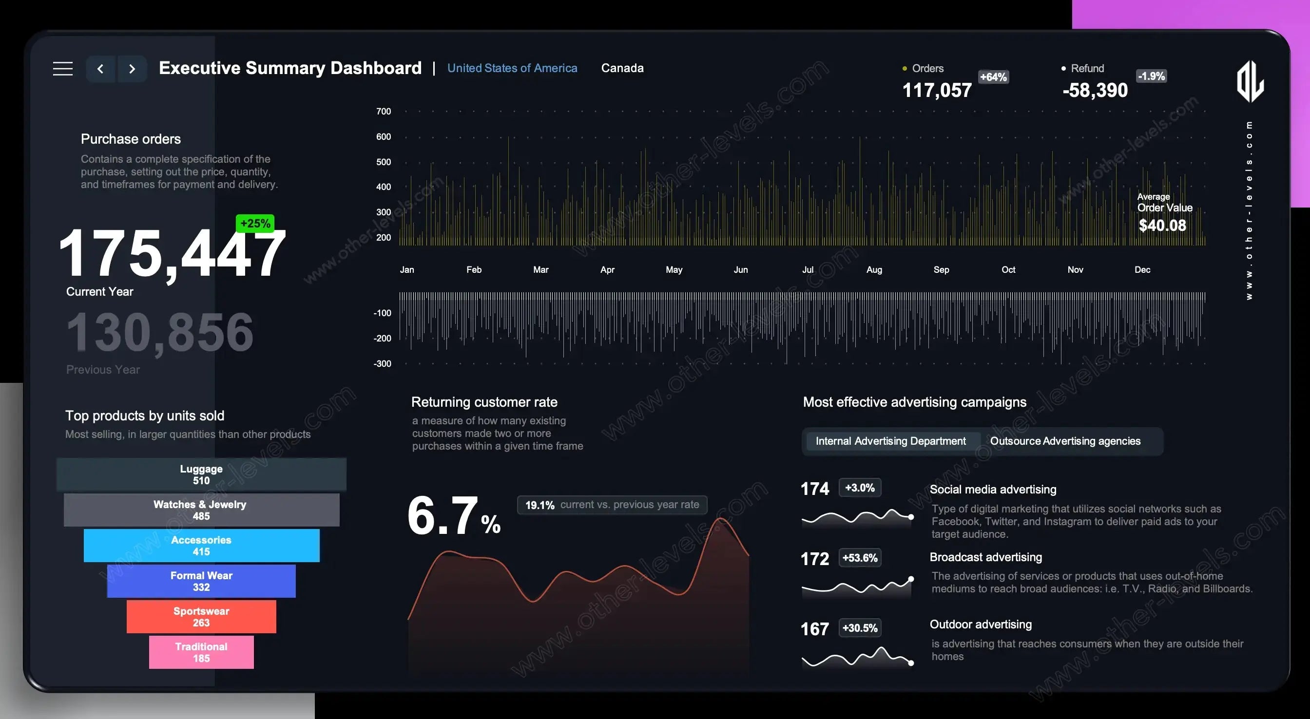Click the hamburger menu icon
tap(62, 69)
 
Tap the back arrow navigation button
tap(101, 69)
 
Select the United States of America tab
tap(512, 68)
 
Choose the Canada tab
tap(622, 68)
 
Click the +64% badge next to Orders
tap(993, 77)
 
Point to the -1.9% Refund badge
tap(1151, 76)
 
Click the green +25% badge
tap(255, 223)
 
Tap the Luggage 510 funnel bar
tap(201, 474)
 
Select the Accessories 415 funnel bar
tap(201, 546)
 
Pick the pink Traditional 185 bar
tap(201, 652)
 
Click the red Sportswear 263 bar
tap(201, 617)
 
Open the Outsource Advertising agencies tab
tap(1065, 441)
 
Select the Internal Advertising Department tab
tap(890, 441)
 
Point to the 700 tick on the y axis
tap(384, 112)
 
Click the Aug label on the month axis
tap(874, 269)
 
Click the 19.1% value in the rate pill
tap(539, 505)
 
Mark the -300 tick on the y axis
tap(383, 363)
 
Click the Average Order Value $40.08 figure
tap(1162, 225)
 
